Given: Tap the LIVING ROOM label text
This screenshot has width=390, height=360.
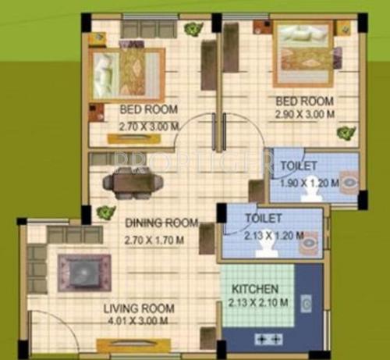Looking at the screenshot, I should pyautogui.click(x=137, y=308).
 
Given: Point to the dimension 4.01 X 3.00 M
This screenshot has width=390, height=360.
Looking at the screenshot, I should pyautogui.click(x=138, y=320).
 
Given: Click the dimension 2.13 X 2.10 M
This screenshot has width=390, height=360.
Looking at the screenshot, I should pyautogui.click(x=260, y=302).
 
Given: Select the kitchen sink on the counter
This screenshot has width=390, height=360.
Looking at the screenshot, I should pyautogui.click(x=307, y=304).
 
